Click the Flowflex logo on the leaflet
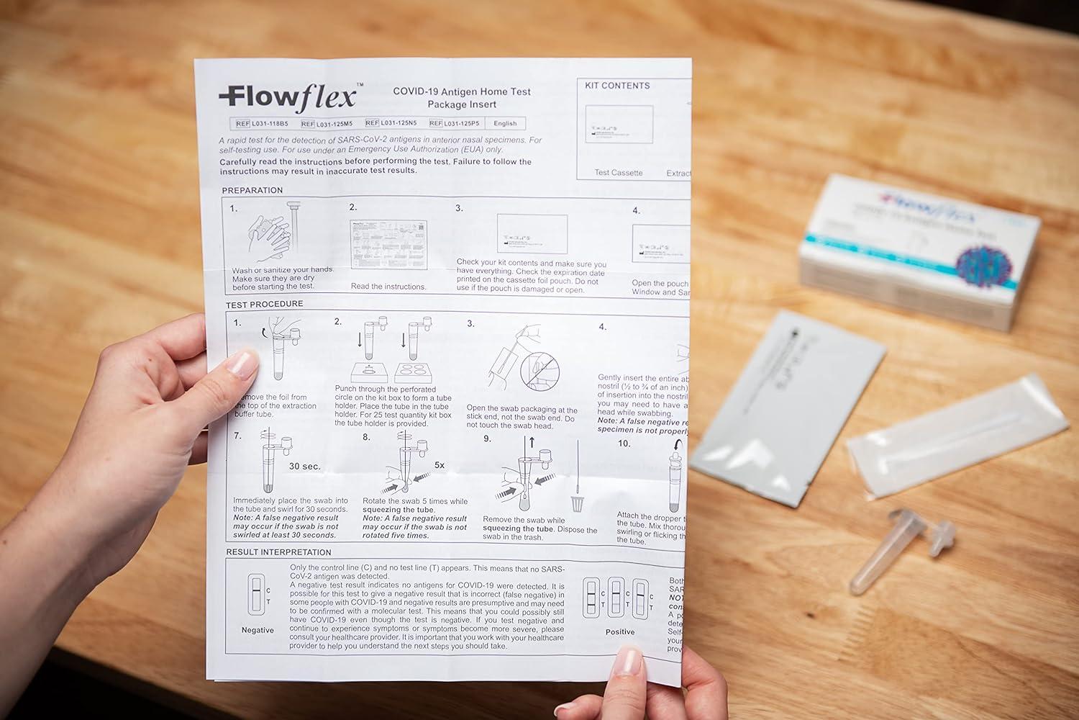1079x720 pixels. [x=287, y=96]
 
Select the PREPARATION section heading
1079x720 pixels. [x=252, y=190]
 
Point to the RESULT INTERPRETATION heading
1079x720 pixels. [x=278, y=552]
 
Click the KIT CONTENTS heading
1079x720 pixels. [x=616, y=86]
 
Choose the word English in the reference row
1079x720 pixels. [x=505, y=123]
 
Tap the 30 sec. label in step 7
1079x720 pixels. [x=304, y=466]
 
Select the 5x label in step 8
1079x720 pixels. [x=440, y=465]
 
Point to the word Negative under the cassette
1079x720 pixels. [x=258, y=630]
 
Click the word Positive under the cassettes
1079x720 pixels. [x=619, y=631]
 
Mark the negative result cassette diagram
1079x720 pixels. [x=256, y=594]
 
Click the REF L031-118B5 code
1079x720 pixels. [x=262, y=123]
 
